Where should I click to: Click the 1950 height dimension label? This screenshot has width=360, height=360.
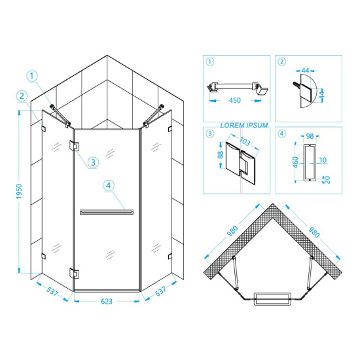[x=19, y=191]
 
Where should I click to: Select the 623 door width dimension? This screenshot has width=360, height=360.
[x=107, y=301]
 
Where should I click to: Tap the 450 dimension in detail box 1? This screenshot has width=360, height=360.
[x=234, y=100]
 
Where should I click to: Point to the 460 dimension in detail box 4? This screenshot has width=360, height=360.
[x=295, y=162]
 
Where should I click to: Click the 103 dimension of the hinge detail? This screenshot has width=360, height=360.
[x=245, y=141]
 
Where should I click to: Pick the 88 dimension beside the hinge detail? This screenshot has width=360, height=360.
[x=220, y=154]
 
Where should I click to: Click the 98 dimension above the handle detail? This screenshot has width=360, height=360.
[x=310, y=136]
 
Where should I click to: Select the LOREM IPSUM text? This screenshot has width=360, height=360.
[x=244, y=126]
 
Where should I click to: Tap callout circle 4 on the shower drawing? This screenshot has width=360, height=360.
[x=109, y=185]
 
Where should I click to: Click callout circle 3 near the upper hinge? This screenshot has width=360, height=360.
[x=93, y=162]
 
